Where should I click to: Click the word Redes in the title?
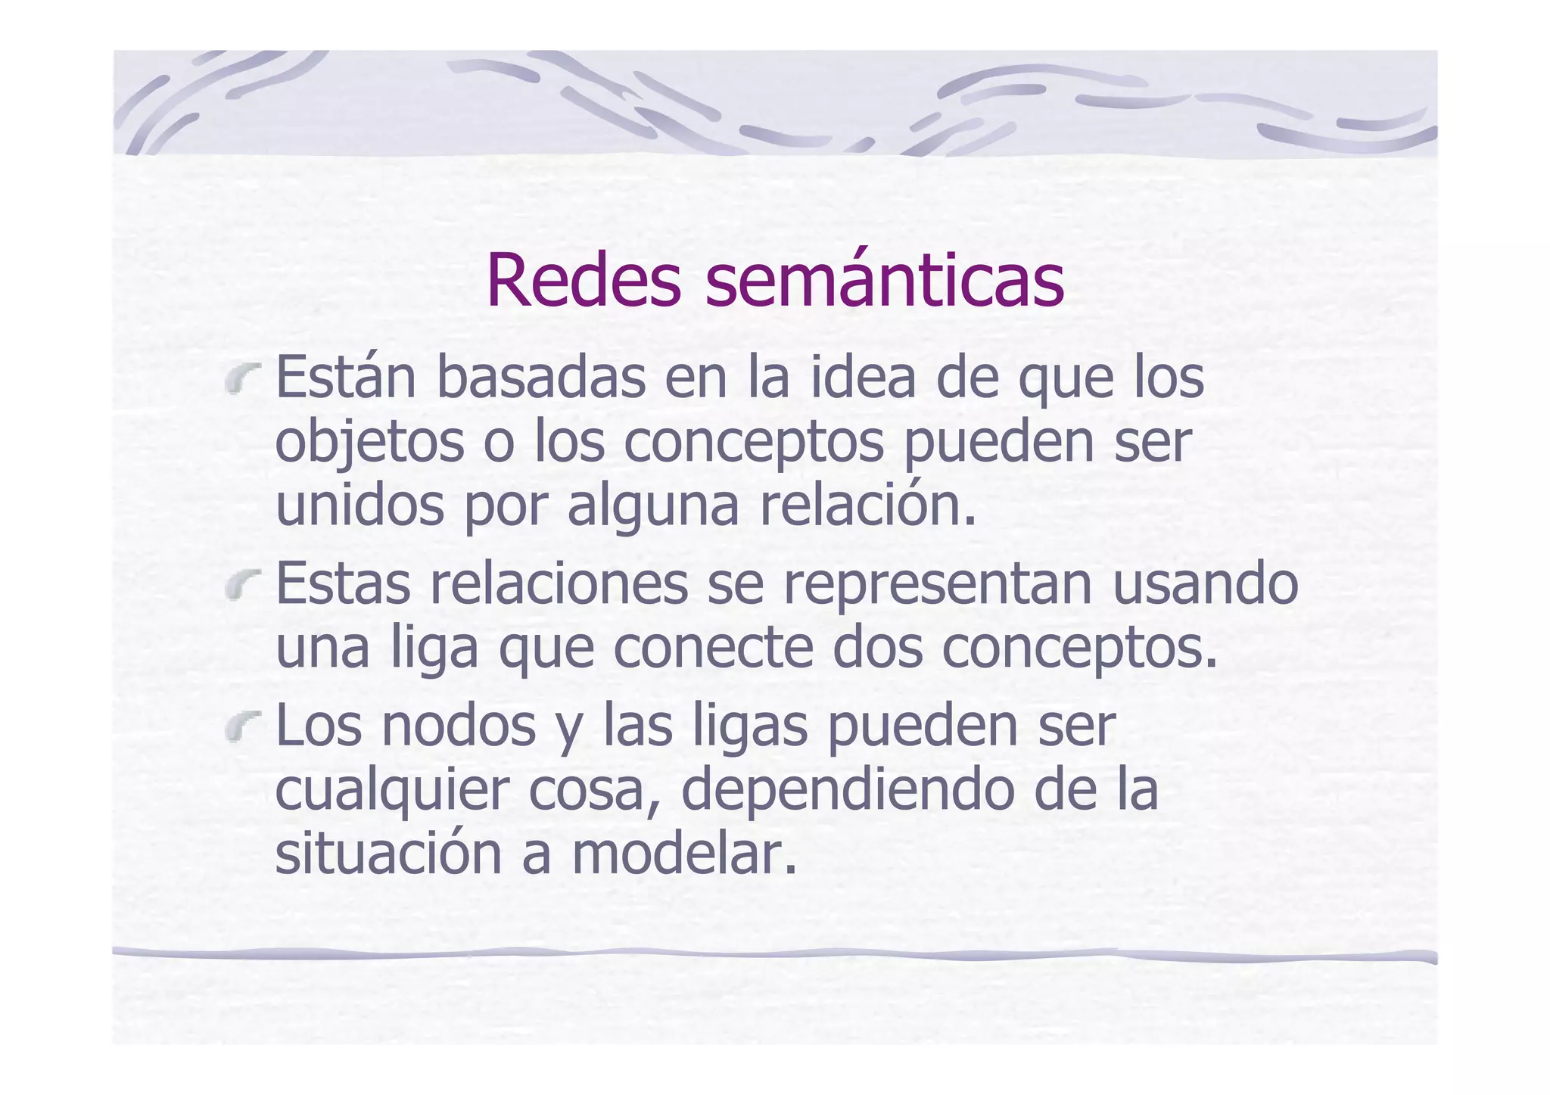point(583,280)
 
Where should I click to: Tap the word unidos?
point(359,506)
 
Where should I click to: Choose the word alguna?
point(652,506)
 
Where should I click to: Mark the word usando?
point(1205,584)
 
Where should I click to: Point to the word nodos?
point(459,726)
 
